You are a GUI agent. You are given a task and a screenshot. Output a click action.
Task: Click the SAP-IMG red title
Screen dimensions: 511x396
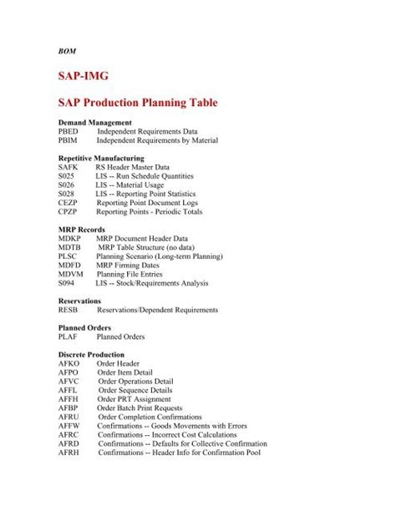click(x=84, y=75)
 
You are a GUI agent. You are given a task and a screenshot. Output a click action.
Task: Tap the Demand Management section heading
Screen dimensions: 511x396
click(x=94, y=123)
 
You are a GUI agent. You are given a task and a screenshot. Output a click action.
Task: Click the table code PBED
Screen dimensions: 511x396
click(x=69, y=132)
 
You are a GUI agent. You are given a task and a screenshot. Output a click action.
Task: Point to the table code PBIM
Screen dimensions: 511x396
click(x=69, y=141)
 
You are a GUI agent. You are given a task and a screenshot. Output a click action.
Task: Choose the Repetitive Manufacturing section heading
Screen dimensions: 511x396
click(x=101, y=158)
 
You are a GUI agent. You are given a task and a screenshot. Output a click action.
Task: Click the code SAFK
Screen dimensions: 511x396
click(x=69, y=168)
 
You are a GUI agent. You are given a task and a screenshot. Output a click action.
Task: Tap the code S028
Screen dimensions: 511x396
click(x=67, y=195)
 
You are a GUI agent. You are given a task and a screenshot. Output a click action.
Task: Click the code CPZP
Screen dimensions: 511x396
click(x=69, y=212)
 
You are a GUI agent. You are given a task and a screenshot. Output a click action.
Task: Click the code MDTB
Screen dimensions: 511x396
click(x=69, y=248)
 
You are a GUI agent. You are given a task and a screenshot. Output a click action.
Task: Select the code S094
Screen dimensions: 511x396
click(x=67, y=284)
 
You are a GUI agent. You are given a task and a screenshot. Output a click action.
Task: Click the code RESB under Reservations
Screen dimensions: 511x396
click(x=69, y=310)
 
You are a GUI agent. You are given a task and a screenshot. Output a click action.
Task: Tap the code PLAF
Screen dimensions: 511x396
click(x=69, y=336)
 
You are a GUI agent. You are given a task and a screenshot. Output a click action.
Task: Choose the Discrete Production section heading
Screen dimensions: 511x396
click(x=91, y=354)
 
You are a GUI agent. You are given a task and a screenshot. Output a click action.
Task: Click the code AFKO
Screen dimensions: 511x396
click(x=69, y=363)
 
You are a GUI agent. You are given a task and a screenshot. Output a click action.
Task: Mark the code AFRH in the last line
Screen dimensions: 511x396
click(x=69, y=453)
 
